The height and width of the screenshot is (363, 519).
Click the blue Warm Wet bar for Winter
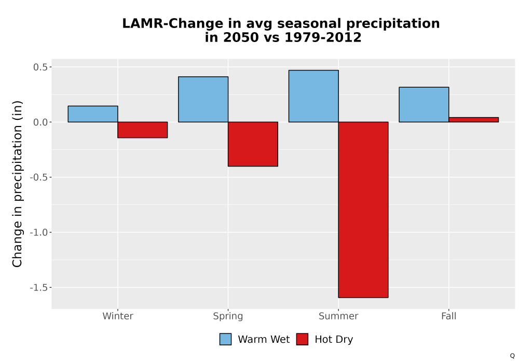point(93,114)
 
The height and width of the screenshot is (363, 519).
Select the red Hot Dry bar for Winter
point(143,130)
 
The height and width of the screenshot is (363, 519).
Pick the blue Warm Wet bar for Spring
point(203,100)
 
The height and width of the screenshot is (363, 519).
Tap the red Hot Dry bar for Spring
point(253,144)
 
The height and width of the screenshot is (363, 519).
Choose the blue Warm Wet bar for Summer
point(313,96)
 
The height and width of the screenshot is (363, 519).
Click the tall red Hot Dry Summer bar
point(363,210)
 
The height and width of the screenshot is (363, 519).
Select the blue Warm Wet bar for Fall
point(424,105)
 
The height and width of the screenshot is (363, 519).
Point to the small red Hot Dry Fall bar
point(474,120)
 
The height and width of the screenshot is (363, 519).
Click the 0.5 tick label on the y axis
point(40,67)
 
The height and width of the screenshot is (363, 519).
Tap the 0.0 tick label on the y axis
point(40,122)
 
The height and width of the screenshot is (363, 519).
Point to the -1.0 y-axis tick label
point(39,232)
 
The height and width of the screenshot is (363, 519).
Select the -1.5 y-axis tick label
point(39,288)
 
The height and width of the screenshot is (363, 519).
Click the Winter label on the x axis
point(118,316)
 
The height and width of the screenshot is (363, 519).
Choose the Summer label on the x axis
point(338,316)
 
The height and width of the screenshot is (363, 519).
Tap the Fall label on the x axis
point(449,316)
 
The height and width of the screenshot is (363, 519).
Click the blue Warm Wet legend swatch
point(225,339)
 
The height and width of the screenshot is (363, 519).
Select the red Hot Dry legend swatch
point(302,339)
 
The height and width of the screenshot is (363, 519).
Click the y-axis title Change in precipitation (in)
point(17,184)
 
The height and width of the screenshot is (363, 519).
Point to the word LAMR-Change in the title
point(172,23)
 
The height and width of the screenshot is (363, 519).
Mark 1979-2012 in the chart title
point(323,37)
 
